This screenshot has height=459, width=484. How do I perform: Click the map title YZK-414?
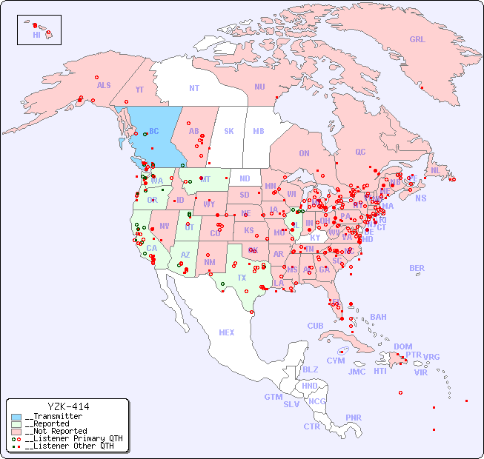tap(67, 406)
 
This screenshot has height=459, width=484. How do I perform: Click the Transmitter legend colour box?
tap(16, 417)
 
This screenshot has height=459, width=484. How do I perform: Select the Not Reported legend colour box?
tap(16, 431)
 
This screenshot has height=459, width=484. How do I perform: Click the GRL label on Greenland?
tap(417, 40)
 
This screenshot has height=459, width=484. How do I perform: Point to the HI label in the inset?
tap(36, 35)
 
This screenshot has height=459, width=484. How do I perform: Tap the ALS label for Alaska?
tap(104, 86)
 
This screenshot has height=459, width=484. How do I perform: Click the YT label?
tap(139, 90)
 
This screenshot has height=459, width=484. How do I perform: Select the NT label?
tap(193, 88)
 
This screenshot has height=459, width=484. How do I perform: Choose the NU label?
tap(259, 87)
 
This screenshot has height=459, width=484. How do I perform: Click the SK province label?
tap(229, 131)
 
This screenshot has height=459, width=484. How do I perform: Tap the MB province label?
tap(258, 131)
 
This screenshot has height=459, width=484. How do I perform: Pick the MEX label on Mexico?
tap(227, 332)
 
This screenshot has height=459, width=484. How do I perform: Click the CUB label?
tap(315, 326)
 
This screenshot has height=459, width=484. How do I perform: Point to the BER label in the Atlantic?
tap(417, 268)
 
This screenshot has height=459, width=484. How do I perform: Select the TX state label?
tap(242, 278)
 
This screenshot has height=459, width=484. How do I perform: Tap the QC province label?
tap(360, 152)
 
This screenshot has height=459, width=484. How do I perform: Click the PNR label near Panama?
tap(354, 418)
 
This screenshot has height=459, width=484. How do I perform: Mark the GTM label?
tap(273, 397)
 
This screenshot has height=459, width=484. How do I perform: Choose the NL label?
tap(435, 170)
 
